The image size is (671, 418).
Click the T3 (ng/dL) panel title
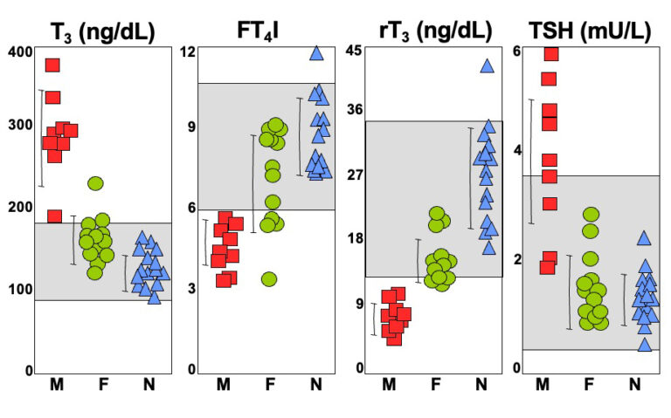coord(103,32)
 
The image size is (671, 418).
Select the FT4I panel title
coord(258,31)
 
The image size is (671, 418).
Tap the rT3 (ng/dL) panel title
coord(436,31)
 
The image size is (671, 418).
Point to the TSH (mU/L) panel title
coord(590,31)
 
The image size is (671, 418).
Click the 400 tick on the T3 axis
coord(20,51)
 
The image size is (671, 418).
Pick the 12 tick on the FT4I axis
coord(188,51)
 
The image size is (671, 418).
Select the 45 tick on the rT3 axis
coord(354,51)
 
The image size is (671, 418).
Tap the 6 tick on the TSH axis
coord(517,51)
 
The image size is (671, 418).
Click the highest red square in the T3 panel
coord(52,65)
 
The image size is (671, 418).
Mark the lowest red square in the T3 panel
coord(54,216)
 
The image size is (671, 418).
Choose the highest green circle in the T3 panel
coord(95,183)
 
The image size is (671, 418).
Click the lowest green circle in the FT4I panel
coord(269,279)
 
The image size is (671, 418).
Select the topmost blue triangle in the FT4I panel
coord(316,53)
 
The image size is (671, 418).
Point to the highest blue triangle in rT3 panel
coord(487,66)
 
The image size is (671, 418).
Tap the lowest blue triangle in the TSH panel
coord(645,345)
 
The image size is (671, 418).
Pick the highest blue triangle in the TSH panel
coord(644,238)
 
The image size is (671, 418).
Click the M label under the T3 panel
coord(57,385)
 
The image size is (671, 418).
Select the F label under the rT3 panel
coord(436,385)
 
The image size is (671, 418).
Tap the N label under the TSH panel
coord(635,385)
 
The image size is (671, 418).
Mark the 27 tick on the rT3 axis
coord(355,175)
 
